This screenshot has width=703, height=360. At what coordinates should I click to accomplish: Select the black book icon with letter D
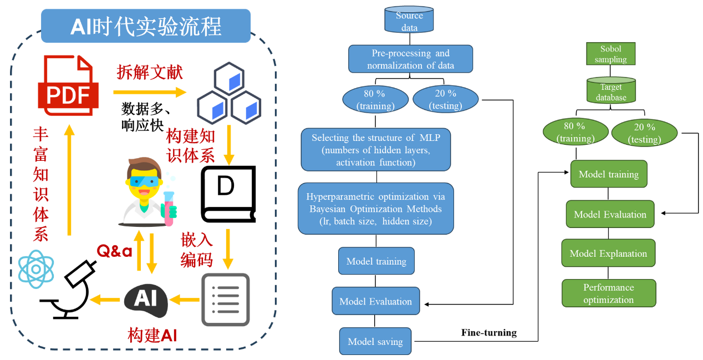click(227, 192)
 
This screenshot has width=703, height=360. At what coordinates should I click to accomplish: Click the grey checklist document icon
click(225, 300)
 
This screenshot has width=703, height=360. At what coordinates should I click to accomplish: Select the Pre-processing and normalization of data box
click(410, 59)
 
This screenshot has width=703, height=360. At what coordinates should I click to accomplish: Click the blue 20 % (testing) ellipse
click(445, 99)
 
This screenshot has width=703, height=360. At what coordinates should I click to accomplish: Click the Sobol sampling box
click(610, 54)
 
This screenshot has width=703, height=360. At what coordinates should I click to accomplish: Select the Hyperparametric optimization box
click(375, 209)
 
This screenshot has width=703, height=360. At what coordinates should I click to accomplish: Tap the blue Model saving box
click(375, 341)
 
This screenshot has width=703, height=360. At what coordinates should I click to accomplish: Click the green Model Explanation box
click(608, 253)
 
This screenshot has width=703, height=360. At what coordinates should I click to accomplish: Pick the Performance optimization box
click(608, 293)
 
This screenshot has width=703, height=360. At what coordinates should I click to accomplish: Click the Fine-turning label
click(488, 333)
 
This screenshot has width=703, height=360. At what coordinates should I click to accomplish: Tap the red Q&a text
click(115, 251)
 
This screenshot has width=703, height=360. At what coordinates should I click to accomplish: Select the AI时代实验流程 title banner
click(146, 26)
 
